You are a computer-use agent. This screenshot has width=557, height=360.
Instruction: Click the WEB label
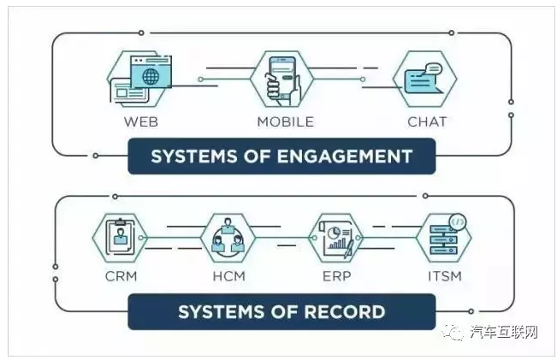tap(141, 121)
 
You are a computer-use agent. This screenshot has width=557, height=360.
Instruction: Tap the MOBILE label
tap(285, 121)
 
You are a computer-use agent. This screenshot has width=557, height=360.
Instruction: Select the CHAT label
tap(427, 121)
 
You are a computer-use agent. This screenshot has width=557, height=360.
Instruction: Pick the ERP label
tap(335, 276)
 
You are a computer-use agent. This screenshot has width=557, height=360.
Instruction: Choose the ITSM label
tap(445, 276)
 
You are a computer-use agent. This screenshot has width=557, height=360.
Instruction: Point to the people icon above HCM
tap(228, 237)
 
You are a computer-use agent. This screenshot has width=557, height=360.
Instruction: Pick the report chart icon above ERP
tap(336, 238)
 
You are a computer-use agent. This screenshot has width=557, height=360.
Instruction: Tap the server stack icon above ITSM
tap(445, 237)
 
